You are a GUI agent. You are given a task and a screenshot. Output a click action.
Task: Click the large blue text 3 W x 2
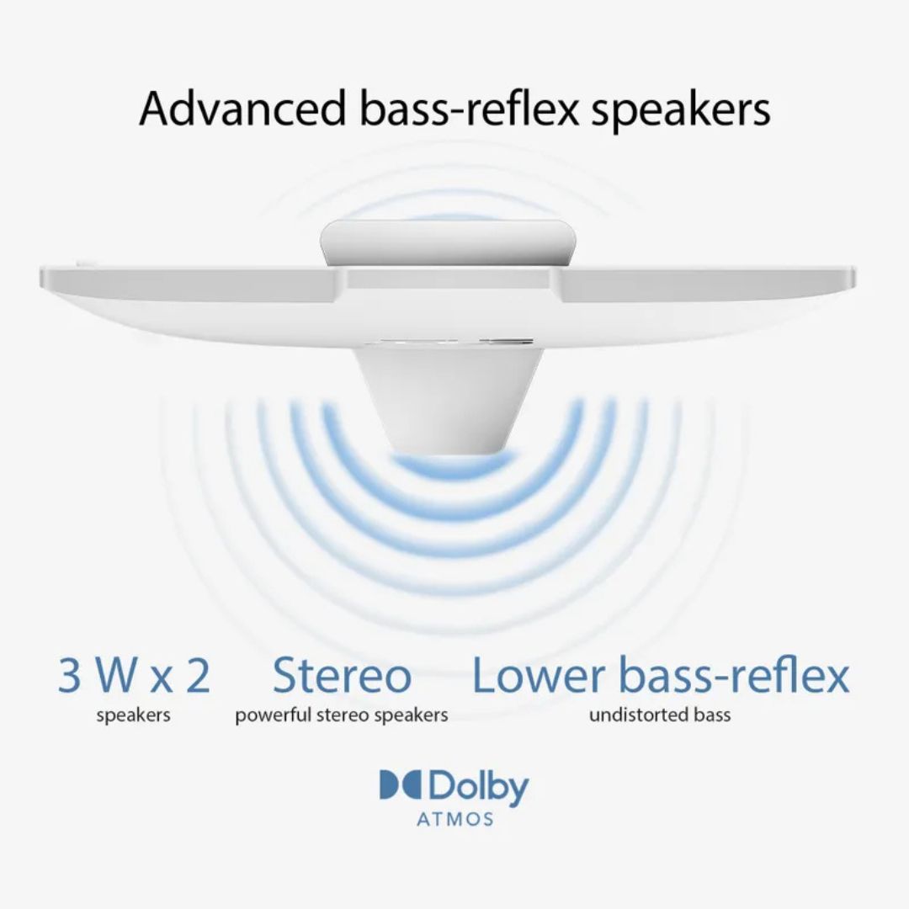[x=134, y=675]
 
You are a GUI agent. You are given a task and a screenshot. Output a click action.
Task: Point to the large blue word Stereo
[x=342, y=675]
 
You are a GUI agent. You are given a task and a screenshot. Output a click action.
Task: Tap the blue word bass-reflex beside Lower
[x=735, y=675]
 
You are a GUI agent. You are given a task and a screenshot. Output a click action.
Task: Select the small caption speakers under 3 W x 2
[x=133, y=715]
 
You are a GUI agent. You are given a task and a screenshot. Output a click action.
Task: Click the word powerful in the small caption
[x=274, y=715]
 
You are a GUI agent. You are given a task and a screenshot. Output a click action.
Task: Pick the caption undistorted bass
[x=660, y=715]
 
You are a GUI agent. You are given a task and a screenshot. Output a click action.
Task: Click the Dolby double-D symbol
[x=401, y=784]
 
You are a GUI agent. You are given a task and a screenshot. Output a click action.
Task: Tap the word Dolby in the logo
[x=479, y=787]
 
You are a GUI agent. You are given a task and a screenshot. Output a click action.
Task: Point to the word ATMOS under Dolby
[x=455, y=819]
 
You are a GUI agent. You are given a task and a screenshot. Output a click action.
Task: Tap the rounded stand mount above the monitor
[x=449, y=244]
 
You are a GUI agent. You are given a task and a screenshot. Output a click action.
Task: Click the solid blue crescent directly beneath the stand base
[x=448, y=466]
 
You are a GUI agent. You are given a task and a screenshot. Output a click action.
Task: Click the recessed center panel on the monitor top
[x=452, y=279]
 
